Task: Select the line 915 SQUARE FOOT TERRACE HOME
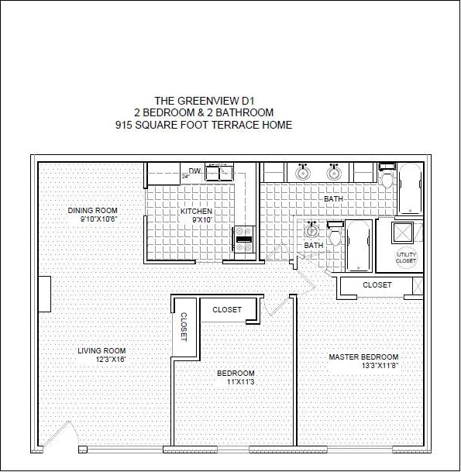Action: tap(203, 125)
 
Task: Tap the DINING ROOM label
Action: tap(92, 210)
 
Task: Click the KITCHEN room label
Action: tap(196, 212)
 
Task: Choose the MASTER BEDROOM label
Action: tap(363, 357)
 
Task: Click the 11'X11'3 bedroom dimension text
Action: tap(241, 382)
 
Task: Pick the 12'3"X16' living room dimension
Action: tap(101, 360)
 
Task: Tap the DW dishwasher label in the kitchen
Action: tap(194, 171)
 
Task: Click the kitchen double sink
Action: tap(222, 172)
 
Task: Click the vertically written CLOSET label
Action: tap(184, 327)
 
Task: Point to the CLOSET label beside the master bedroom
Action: tap(377, 285)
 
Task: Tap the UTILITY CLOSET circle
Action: tap(405, 258)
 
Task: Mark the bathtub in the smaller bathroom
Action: tap(357, 245)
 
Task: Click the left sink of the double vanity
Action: tap(301, 172)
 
